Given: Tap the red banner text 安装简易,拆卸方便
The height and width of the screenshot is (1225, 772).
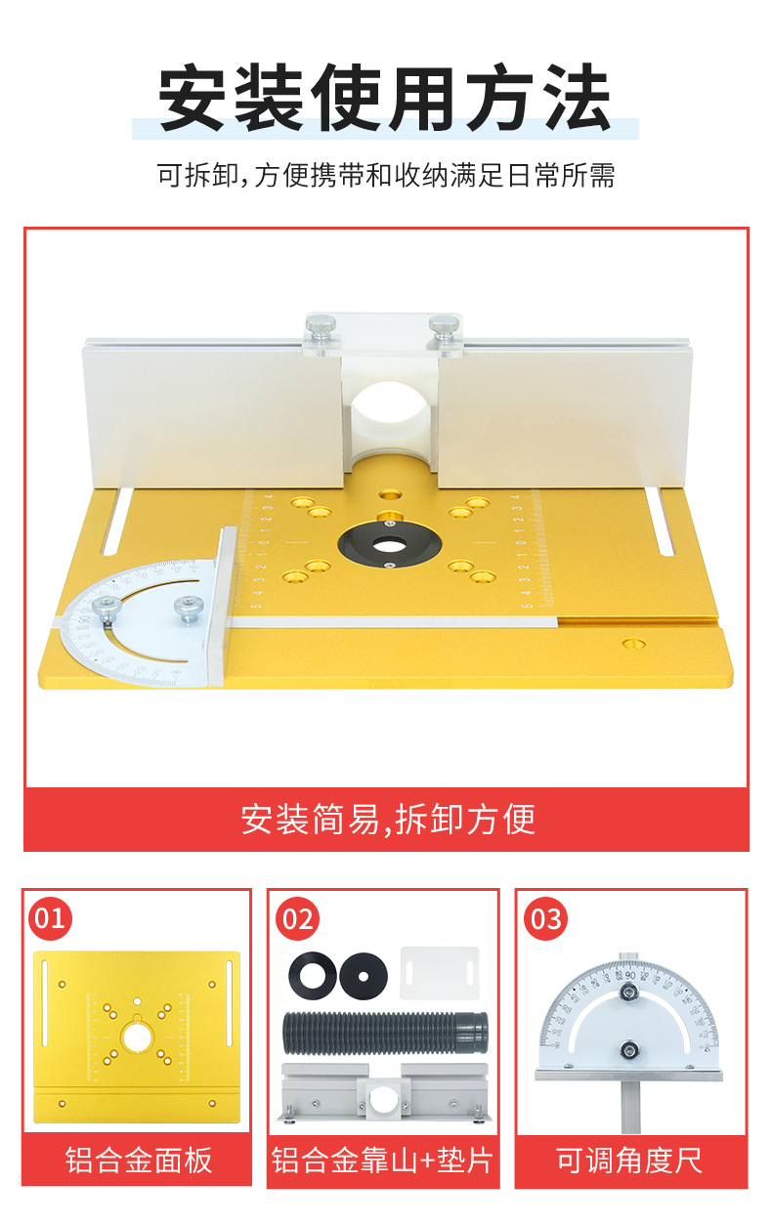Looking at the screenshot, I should (387, 819).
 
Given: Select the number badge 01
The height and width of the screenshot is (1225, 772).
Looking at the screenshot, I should (50, 918).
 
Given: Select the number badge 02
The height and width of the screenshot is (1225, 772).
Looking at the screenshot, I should (297, 919).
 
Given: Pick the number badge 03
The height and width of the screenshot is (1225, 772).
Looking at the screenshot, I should (545, 919).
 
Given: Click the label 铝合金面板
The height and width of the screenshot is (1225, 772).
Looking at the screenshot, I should (138, 1160).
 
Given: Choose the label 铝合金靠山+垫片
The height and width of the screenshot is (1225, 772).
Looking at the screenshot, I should (383, 1160).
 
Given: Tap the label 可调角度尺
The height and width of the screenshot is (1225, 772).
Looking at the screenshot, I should (630, 1160).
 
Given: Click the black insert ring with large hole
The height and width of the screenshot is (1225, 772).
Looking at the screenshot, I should (312, 975).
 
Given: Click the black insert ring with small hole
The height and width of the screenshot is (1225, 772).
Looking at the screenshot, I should (363, 975).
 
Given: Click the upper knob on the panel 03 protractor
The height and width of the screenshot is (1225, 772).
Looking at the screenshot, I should (630, 993).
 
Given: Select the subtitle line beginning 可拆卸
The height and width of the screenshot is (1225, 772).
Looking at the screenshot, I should (385, 176).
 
